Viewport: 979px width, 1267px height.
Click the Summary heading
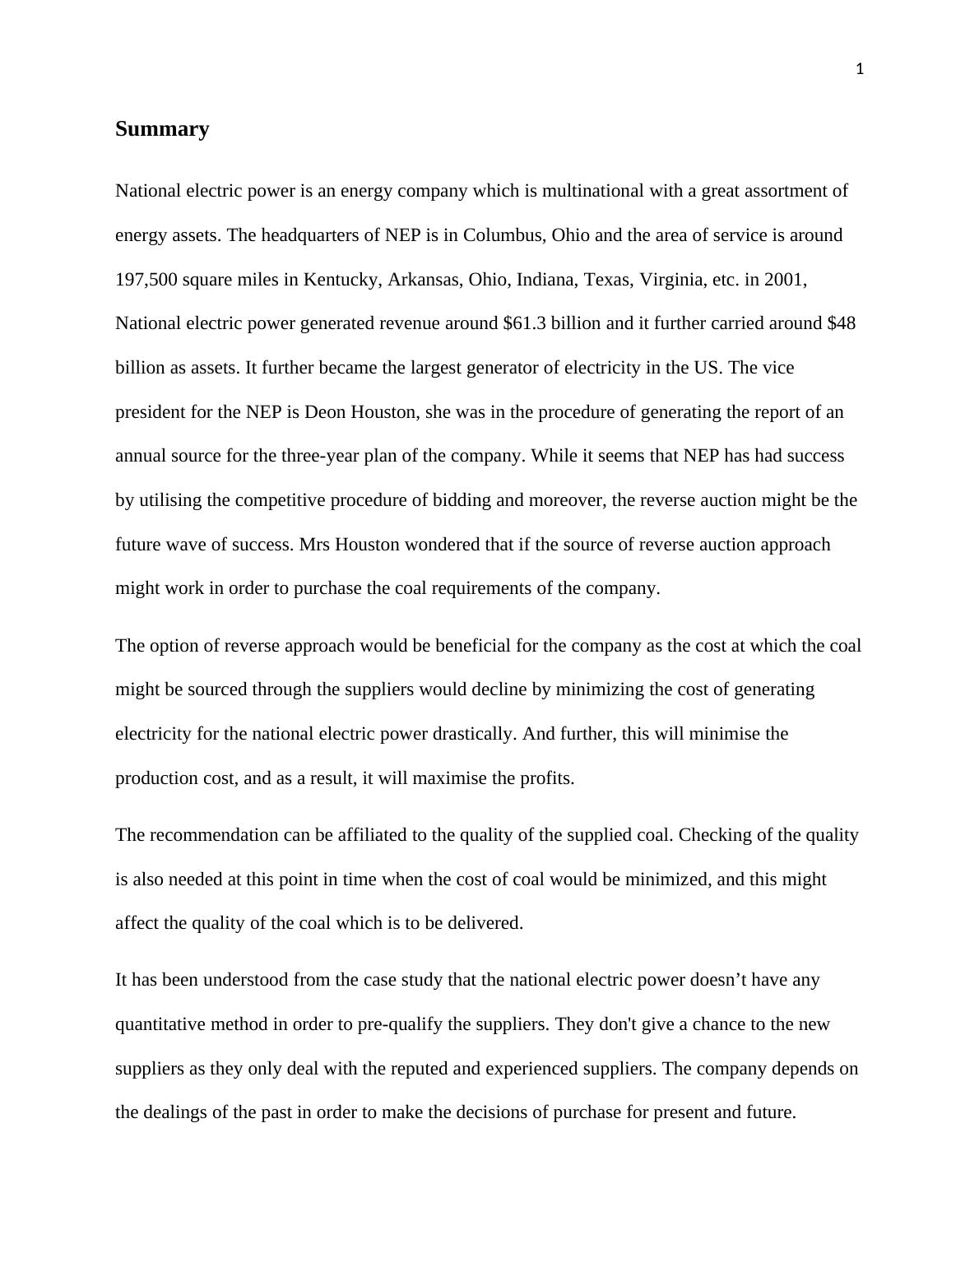(162, 129)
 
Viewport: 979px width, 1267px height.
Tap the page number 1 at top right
(860, 70)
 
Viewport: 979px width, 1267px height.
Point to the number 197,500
(146, 280)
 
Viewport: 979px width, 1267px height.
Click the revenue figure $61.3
(524, 323)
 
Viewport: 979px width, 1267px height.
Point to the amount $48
(841, 323)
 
